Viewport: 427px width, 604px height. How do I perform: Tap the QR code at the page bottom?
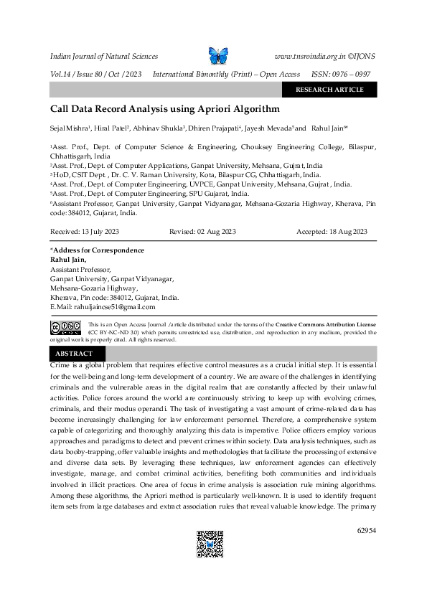coord(210,544)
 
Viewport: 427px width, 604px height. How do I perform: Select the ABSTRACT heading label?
coord(74,354)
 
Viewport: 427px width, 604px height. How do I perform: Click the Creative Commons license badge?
coord(65,329)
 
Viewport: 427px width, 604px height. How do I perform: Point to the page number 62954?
coord(366,530)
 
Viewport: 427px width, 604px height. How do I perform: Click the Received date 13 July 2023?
coord(80,232)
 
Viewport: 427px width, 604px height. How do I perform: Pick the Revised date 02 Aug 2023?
coord(202,232)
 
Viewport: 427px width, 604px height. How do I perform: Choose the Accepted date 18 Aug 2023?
coord(332,232)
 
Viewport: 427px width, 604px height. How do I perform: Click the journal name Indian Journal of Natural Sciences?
coord(103,56)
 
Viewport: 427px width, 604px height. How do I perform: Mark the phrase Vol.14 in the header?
coord(61,74)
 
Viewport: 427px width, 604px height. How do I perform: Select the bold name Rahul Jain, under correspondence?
coord(67,260)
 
